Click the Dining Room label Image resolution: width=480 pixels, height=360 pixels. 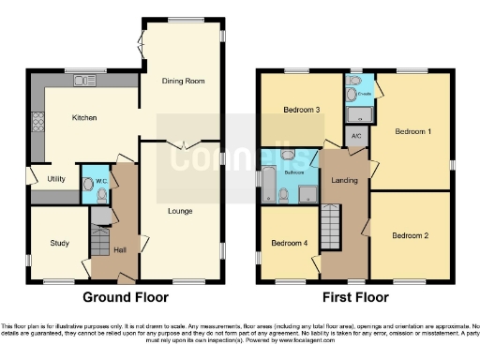[x=183, y=82]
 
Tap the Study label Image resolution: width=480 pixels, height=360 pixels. [x=58, y=244]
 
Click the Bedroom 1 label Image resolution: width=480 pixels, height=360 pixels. [x=412, y=131]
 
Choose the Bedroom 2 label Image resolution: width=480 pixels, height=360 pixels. [x=410, y=234]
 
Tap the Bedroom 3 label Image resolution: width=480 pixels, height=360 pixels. [x=302, y=110]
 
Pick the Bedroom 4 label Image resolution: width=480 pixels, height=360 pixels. [x=288, y=244]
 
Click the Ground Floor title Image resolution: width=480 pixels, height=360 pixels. [x=126, y=297]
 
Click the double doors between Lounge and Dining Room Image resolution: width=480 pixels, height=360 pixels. [x=182, y=142]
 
